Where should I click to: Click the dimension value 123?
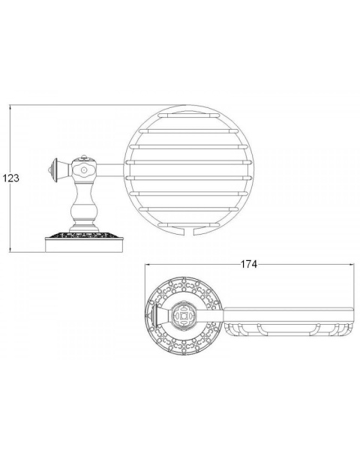coord(11,178)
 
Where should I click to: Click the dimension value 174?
coord(248,264)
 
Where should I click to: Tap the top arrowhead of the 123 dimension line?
coord(10,107)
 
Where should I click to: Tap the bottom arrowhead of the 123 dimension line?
coord(10,250)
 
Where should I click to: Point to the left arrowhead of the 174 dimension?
coord(148,264)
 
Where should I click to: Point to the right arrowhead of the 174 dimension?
coord(352,264)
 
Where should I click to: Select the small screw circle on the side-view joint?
coord(84,170)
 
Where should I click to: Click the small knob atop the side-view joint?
coord(84,157)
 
